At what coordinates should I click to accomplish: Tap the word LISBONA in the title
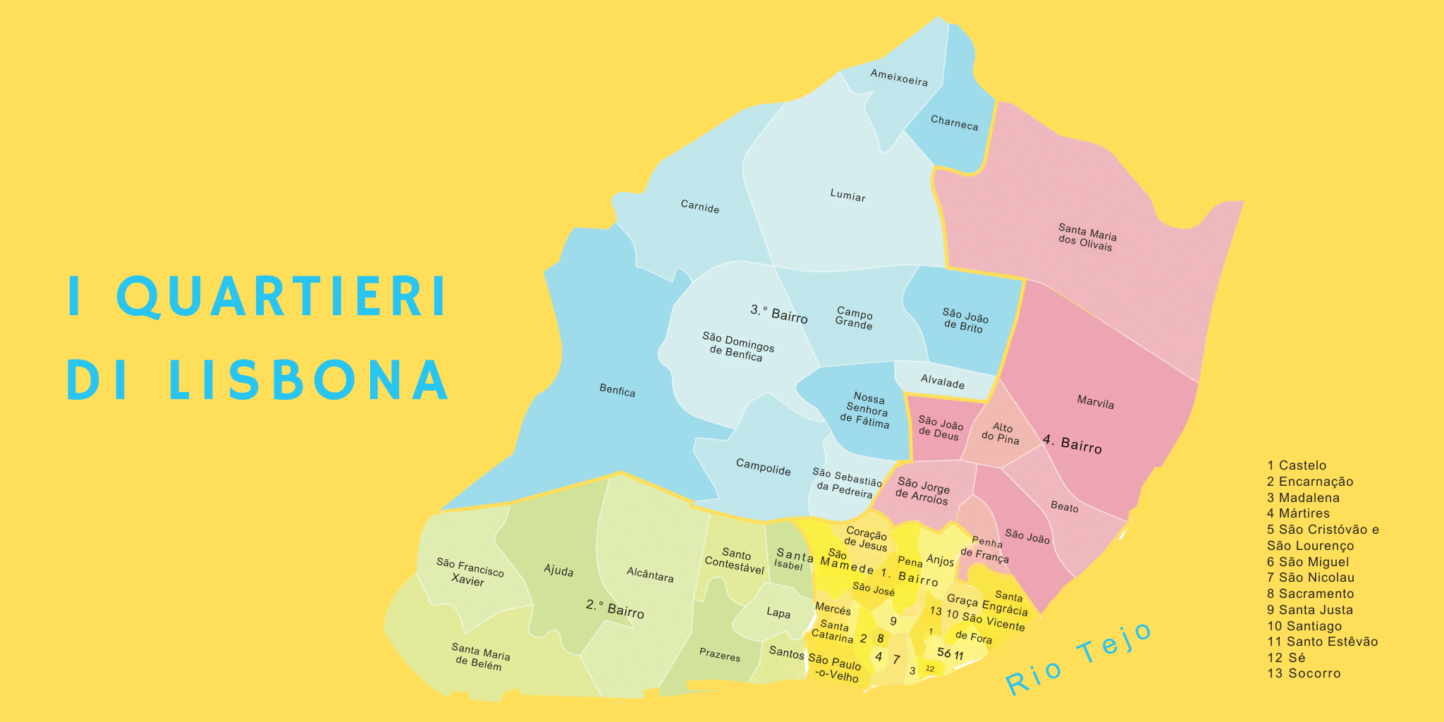coord(308,381)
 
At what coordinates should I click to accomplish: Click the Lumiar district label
coord(848,195)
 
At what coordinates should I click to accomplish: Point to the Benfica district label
coord(617,391)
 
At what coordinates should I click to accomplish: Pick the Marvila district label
coord(1095,403)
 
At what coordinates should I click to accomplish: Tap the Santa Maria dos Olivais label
coord(1087,237)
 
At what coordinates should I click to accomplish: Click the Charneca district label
coord(954,123)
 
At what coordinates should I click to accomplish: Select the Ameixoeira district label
coord(899,78)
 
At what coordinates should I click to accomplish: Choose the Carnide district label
coord(699,206)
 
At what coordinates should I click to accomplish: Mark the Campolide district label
coord(763,467)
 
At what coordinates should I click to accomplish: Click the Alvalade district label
coord(942,381)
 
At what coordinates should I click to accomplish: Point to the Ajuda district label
coord(558,570)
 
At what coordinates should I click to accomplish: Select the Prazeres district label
coord(719,654)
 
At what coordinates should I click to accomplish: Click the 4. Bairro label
coord(1072,444)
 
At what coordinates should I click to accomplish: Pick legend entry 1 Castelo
coord(1296,465)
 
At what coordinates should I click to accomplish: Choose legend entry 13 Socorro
coord(1303,673)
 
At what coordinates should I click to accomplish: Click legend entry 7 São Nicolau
coord(1310,577)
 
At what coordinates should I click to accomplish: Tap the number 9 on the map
coord(893,621)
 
